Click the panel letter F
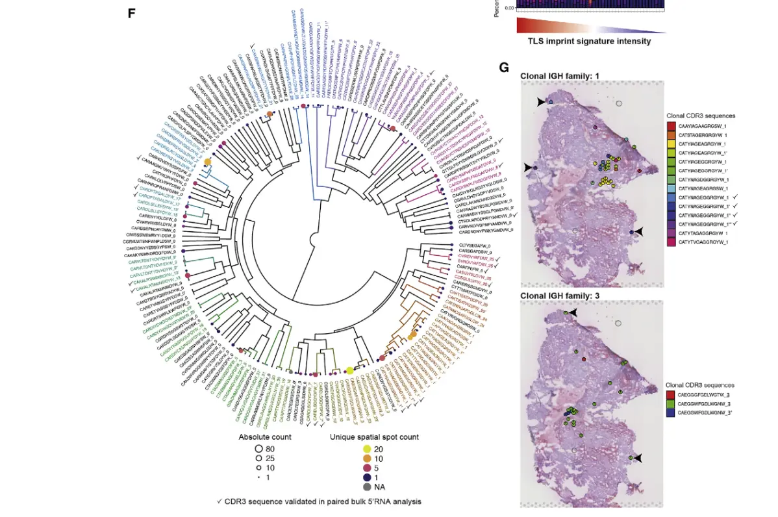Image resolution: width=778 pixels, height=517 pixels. [131, 13]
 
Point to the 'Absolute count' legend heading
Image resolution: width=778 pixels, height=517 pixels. [265, 436]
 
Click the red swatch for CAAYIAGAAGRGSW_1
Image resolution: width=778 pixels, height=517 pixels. [671, 125]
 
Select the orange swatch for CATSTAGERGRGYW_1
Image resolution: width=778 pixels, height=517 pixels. [671, 134]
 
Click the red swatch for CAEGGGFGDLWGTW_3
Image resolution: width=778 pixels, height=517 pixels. [671, 394]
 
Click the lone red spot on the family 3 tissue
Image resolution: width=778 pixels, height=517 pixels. [584, 359]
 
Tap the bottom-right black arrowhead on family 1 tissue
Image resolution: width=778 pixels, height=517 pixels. [639, 232]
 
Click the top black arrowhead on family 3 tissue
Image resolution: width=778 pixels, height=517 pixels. [576, 313]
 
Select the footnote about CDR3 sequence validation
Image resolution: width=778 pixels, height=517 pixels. [320, 501]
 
